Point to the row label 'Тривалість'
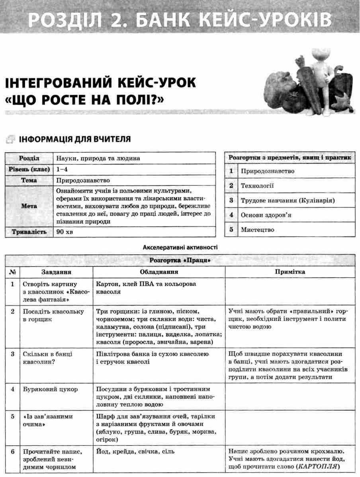tap(29, 232)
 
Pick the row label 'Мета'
tap(29, 206)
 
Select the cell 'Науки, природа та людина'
tap(98, 158)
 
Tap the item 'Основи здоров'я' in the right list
tap(266, 215)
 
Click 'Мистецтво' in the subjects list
tap(257, 230)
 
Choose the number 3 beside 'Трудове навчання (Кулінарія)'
tap(231, 200)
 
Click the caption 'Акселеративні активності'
tap(180, 247)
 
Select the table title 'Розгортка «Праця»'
tap(180, 261)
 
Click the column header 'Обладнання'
tap(158, 272)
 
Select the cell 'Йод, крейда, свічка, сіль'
tap(135, 452)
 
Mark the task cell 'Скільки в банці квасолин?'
tap(48, 358)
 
